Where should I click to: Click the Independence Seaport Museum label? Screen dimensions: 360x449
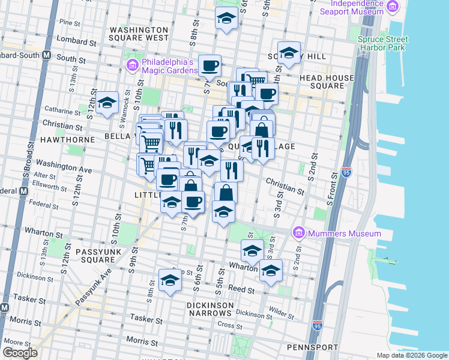pos(352,7)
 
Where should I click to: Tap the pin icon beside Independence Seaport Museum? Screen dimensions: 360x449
pos(393,7)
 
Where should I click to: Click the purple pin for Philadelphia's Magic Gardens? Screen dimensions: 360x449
pos(131,64)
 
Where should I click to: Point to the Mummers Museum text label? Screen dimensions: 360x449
pos(345,233)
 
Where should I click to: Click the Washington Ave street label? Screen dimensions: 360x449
pos(64,166)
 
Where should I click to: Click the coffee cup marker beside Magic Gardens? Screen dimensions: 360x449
pos(210,65)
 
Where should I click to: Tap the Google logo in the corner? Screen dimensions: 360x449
pos(20,353)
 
